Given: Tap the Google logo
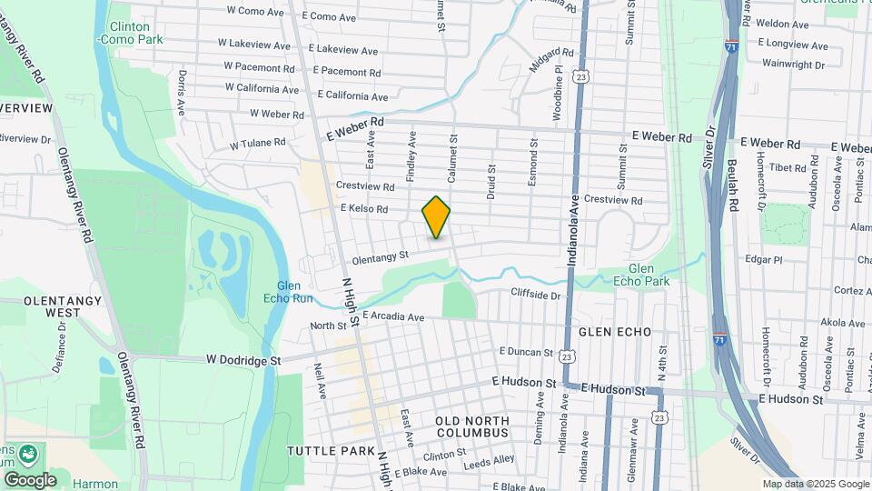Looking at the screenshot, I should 30,479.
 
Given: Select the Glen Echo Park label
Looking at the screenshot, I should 648,275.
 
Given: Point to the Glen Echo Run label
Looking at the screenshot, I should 294,291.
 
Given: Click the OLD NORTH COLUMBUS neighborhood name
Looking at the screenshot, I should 471,426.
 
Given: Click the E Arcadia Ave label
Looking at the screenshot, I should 393,317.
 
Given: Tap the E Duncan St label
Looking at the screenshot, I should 526,352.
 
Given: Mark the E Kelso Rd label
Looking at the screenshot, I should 364,209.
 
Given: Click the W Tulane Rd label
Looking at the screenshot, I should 258,144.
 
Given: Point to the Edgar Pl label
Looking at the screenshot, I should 763,259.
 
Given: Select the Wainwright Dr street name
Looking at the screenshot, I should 793,65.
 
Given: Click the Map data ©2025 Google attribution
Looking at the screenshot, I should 816,485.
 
